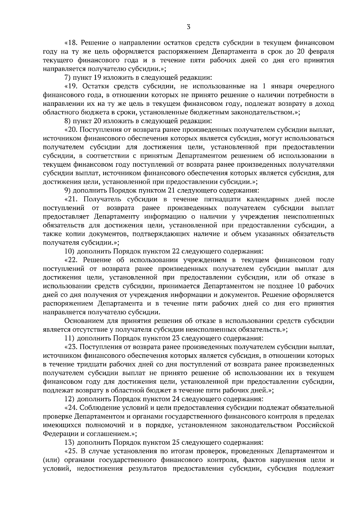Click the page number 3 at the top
(x=188, y=27)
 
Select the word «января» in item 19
(x=281, y=87)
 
